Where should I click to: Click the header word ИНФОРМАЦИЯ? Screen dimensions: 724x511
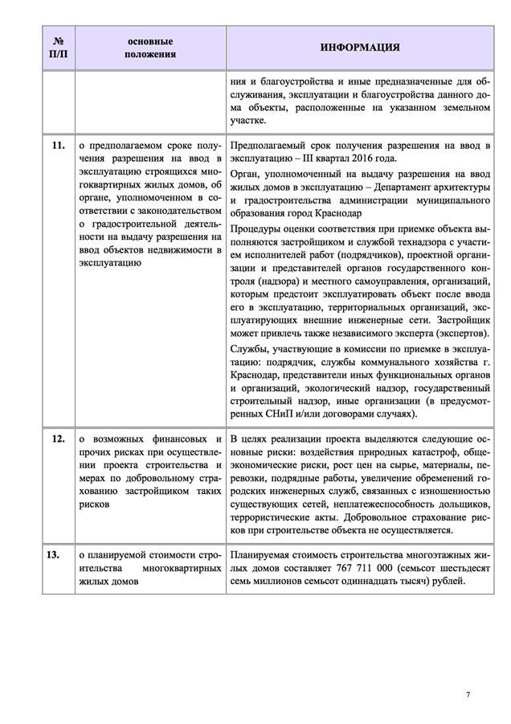click(x=361, y=47)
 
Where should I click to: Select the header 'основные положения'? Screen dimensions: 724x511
click(x=149, y=47)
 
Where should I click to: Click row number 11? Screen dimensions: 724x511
click(x=57, y=146)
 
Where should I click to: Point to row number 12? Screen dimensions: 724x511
click(x=57, y=439)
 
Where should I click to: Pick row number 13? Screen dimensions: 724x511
click(x=57, y=555)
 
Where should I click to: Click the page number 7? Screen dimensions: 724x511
click(x=468, y=693)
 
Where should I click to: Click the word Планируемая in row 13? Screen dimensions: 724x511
click(x=262, y=555)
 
